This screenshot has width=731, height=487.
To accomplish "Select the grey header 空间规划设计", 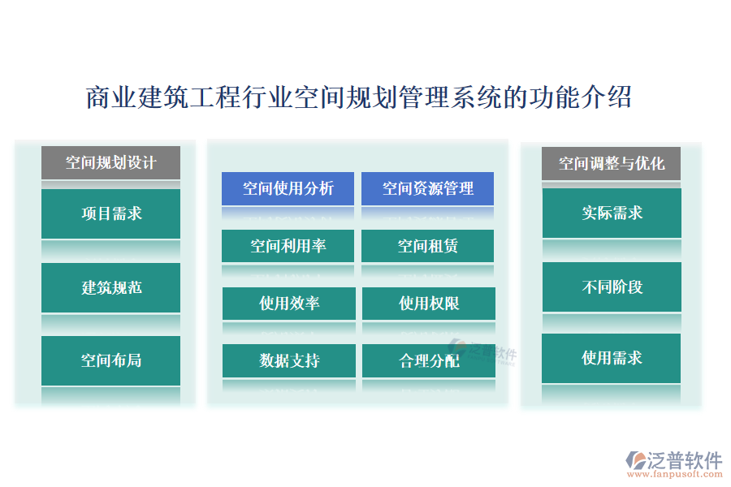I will (x=110, y=162).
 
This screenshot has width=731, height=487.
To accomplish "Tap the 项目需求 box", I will (x=110, y=213).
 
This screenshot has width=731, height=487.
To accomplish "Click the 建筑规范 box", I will (x=110, y=287).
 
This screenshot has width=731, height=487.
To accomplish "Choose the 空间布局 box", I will (x=110, y=360).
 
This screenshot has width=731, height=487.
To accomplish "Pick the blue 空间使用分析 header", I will (x=288, y=188).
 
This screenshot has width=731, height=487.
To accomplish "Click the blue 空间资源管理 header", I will (x=427, y=188).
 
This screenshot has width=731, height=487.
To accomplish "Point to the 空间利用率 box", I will (x=288, y=245).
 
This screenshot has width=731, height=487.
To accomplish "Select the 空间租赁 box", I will (x=427, y=245).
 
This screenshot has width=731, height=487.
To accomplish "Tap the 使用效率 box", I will (x=288, y=304).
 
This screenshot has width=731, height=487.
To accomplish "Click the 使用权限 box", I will (x=428, y=304).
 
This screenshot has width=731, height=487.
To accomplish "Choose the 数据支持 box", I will (x=288, y=360).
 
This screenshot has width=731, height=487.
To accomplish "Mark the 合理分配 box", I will (x=428, y=360).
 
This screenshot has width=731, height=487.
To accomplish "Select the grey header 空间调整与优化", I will (x=611, y=163).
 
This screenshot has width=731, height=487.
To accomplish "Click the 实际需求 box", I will (x=612, y=213).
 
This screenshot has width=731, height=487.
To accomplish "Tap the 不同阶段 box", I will (x=612, y=287).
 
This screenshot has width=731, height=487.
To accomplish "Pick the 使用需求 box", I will (x=612, y=358).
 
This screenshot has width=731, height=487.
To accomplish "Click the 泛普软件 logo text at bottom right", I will (x=684, y=460).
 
